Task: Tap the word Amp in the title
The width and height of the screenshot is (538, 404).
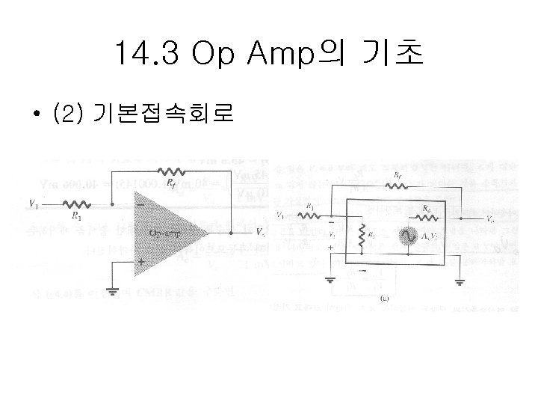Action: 284,55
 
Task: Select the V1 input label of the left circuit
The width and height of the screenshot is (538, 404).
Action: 33,202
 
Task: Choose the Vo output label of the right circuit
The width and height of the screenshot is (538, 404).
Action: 489,219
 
